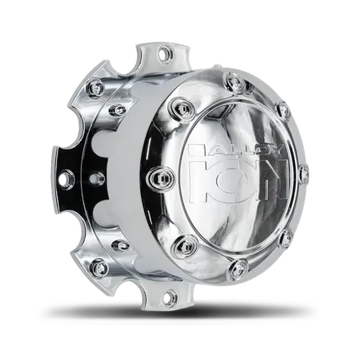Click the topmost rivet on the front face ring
point(232,78)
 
